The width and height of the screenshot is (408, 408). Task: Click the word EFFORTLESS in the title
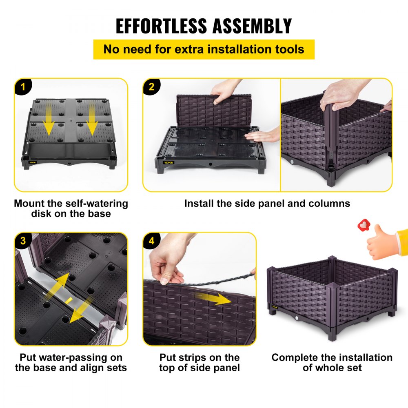point(161,26)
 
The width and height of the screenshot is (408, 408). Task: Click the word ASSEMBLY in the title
point(252,26)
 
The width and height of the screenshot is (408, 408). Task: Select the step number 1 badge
point(23,86)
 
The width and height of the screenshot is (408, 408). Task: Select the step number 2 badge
point(152,86)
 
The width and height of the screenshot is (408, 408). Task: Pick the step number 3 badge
point(23,241)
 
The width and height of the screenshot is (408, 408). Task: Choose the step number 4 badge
point(152,241)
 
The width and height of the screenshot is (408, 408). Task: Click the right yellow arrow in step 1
point(91,118)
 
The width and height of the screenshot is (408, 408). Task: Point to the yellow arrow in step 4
point(213,299)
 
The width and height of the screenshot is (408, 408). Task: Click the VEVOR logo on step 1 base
point(33,162)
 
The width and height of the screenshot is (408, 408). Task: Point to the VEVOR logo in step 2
point(169,163)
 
